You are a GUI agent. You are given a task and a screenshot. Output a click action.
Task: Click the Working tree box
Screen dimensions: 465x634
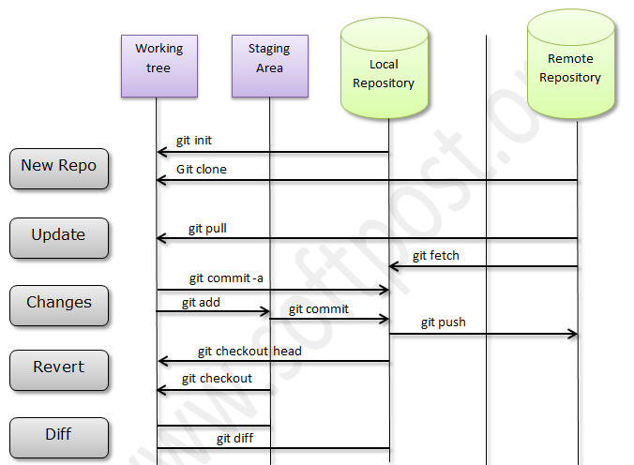point(158,66)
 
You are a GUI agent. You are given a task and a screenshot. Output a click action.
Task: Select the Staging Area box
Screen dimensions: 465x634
point(269,66)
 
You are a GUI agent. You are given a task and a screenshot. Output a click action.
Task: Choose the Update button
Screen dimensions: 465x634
point(58,235)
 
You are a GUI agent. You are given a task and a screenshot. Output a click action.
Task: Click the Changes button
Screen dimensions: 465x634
point(58,303)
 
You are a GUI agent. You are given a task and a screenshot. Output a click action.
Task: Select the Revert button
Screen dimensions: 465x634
point(58,367)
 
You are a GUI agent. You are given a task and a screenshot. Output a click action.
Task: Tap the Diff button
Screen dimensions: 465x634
point(58,434)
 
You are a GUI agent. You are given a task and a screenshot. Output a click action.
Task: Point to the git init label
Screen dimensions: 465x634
point(194,141)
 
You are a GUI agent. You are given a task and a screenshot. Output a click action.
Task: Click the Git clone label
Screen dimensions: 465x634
point(201,170)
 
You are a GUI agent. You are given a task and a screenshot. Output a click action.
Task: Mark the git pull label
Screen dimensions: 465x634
point(206,228)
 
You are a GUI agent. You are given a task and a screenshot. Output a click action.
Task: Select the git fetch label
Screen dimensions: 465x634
point(436,255)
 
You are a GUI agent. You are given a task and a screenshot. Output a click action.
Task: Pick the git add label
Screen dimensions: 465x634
point(202,303)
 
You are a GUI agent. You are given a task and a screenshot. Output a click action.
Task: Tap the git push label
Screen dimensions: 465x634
point(443,322)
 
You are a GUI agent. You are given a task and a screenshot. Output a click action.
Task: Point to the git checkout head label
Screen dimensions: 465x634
point(249,352)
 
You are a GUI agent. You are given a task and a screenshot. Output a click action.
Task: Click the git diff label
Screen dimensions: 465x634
point(236,438)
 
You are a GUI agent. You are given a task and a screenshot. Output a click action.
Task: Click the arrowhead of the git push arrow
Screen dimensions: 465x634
point(572,334)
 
